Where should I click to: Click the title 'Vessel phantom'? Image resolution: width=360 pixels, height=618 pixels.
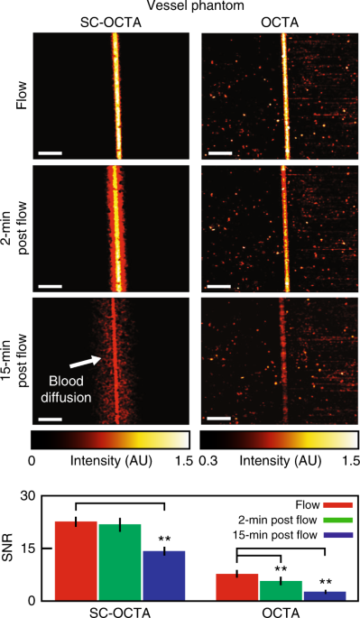point(198,7)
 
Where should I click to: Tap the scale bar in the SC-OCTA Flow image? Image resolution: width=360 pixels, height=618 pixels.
point(51,152)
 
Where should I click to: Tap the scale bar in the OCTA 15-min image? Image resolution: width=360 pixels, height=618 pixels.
point(218,418)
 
